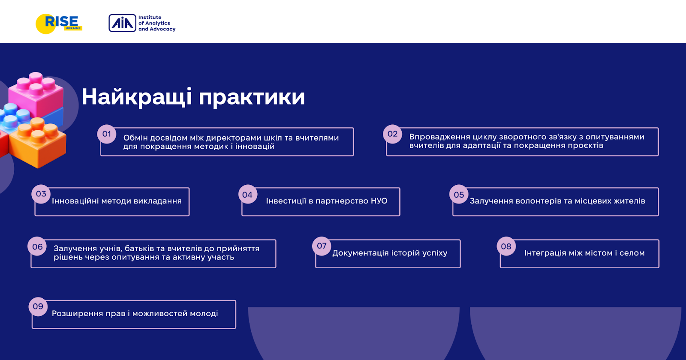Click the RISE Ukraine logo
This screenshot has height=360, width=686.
click(59, 24)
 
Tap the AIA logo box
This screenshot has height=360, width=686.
click(122, 23)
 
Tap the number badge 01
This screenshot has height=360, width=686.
click(107, 134)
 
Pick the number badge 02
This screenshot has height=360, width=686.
click(392, 134)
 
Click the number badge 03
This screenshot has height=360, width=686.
click(41, 194)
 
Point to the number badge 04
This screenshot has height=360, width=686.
click(247, 194)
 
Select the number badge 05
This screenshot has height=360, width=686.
click(459, 194)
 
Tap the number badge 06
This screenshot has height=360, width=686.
click(37, 246)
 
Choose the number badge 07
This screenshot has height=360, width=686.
click(322, 246)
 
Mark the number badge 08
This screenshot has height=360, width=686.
click(506, 246)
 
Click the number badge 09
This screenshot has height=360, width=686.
click(38, 306)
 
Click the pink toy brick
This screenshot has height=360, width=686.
click(36, 93)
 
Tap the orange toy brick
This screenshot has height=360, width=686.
click(37, 142)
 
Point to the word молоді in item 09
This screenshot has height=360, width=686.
click(204, 314)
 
